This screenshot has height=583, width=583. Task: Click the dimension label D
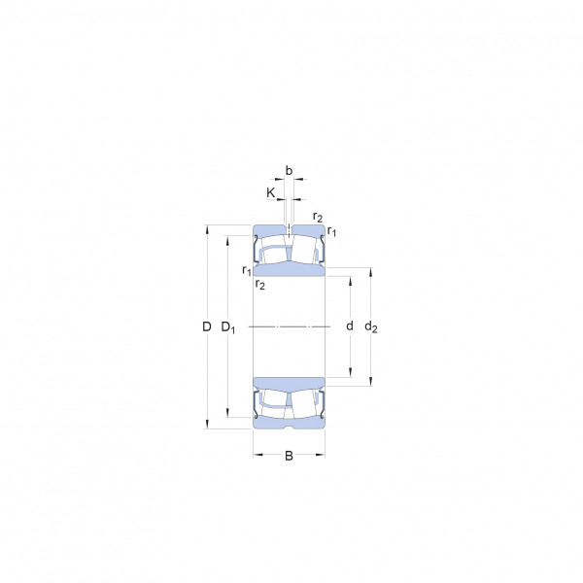pyautogui.click(x=207, y=326)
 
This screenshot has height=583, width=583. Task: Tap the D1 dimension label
pyautogui.click(x=228, y=327)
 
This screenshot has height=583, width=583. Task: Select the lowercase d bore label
pyautogui.click(x=350, y=326)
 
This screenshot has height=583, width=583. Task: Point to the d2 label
pyautogui.click(x=371, y=326)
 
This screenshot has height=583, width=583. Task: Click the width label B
pyautogui.click(x=289, y=456)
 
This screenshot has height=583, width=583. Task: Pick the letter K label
pyautogui.click(x=271, y=192)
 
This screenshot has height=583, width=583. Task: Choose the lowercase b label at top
pyautogui.click(x=289, y=170)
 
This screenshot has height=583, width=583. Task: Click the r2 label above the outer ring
pyautogui.click(x=318, y=217)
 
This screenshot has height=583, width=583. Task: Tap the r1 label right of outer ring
pyautogui.click(x=331, y=231)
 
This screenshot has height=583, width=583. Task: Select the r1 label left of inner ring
pyautogui.click(x=247, y=270)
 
